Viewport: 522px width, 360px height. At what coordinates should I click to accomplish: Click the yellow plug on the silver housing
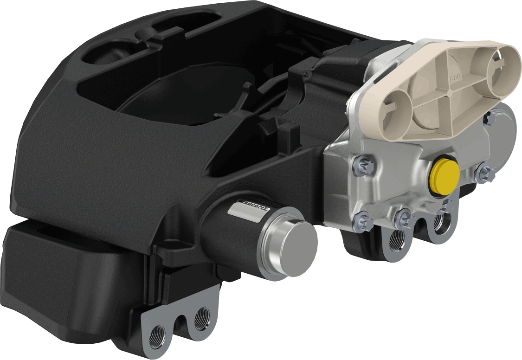pyautogui.click(x=445, y=176)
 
